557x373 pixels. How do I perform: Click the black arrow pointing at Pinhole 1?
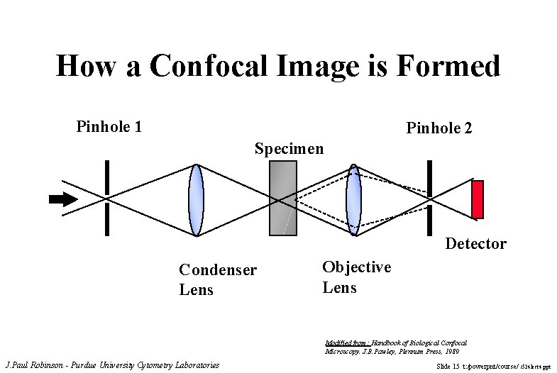[x=63, y=199]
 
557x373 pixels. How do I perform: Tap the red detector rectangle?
[x=478, y=199]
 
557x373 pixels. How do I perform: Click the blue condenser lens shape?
[x=197, y=199]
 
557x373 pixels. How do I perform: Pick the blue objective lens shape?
[x=353, y=199]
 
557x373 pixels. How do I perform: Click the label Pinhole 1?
[x=109, y=127]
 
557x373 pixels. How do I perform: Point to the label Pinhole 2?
[x=439, y=128]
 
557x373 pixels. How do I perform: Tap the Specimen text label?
[x=289, y=149]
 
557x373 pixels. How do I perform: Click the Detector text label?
[x=475, y=244]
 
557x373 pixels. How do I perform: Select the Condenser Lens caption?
[x=218, y=279]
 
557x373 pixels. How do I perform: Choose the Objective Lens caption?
[x=356, y=277]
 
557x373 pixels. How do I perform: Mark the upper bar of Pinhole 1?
[x=107, y=177]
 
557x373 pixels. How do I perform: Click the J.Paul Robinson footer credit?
[x=112, y=365]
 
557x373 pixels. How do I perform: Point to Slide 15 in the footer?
[x=448, y=366]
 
